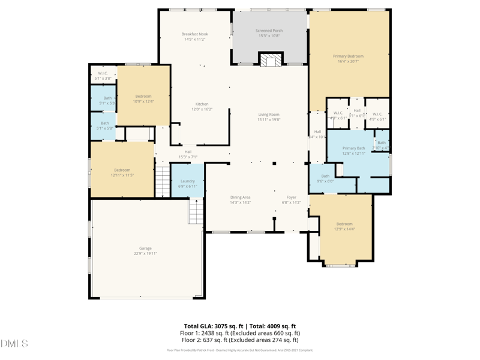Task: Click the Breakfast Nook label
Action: (194, 34)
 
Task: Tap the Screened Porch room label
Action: (269, 31)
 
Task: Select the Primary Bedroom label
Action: (348, 56)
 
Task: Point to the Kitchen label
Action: (202, 104)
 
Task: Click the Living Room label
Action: (269, 115)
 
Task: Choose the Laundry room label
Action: (187, 181)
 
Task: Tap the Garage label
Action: (145, 248)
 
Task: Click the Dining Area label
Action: (240, 197)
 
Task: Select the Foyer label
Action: (291, 197)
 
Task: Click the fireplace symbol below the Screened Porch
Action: (270, 59)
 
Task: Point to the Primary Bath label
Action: (353, 148)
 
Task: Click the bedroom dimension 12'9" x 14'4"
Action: (344, 229)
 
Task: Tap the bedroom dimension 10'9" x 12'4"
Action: (143, 101)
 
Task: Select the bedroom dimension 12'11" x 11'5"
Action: (122, 175)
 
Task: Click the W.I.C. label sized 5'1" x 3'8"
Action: (103, 79)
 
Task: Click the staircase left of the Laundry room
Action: (163, 181)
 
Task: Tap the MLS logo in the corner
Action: (14, 344)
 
